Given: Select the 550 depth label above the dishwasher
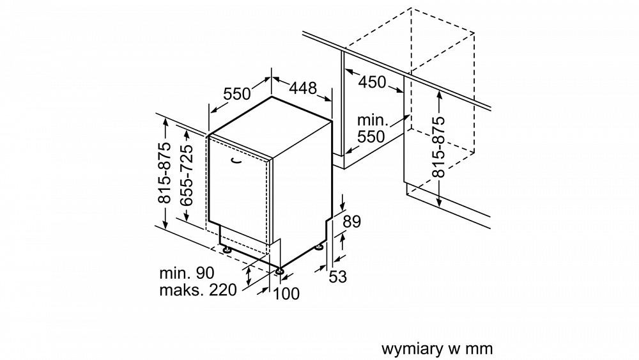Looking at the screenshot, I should click(x=237, y=94).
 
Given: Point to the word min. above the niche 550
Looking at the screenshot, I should click(x=373, y=120).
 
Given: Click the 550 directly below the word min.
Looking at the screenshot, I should click(x=371, y=136).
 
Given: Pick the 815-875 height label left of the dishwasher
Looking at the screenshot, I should click(x=165, y=173).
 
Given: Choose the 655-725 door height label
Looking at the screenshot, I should click(x=187, y=173).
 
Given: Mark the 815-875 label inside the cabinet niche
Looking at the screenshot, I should click(x=438, y=147).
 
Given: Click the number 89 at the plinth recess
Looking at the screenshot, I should click(x=352, y=222).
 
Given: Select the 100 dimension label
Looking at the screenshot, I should click(x=286, y=293).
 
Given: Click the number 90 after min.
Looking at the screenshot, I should click(x=204, y=272).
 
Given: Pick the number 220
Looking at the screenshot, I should click(x=222, y=290).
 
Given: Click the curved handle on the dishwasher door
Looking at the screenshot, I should click(x=237, y=160).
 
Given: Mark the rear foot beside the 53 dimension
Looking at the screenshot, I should click(x=319, y=246).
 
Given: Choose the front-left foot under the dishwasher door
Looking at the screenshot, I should click(x=225, y=247).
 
